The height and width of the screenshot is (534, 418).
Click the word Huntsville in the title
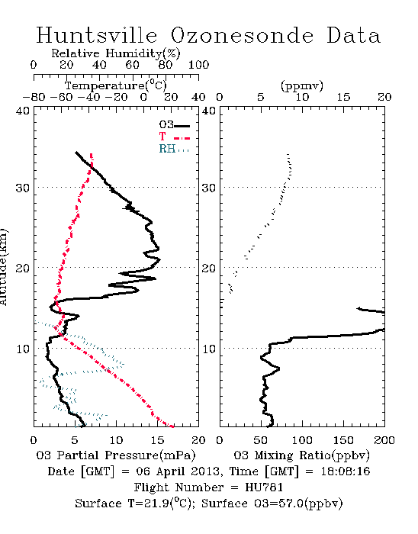pyautogui.click(x=97, y=35)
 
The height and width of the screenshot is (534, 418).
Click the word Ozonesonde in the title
pyautogui.click(x=241, y=35)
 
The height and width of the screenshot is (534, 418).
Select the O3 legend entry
pyautogui.click(x=175, y=125)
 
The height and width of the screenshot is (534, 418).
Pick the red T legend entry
pyautogui.click(x=175, y=137)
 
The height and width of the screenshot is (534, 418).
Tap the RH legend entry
pyautogui.click(x=174, y=149)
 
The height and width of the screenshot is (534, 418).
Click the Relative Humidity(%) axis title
pyautogui.click(x=115, y=53)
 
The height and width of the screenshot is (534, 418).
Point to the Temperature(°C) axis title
pyautogui.click(x=115, y=85)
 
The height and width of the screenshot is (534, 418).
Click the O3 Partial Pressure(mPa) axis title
pyautogui.click(x=116, y=455)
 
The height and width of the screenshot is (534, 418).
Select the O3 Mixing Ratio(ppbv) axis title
pyautogui.click(x=301, y=455)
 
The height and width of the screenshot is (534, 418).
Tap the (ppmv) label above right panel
pyautogui.click(x=301, y=85)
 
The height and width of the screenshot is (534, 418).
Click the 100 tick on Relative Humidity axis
pyautogui.click(x=198, y=65)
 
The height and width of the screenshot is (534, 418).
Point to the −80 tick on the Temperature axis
pyautogui.click(x=34, y=98)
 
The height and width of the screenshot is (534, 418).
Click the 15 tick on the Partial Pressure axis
pyautogui.click(x=157, y=440)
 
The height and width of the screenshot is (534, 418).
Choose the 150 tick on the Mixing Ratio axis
pyautogui.click(x=343, y=440)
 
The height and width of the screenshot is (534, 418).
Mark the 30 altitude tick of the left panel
pyautogui.click(x=22, y=188)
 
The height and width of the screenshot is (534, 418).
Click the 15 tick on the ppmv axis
pyautogui.click(x=343, y=98)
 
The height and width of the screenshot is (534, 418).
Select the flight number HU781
pyautogui.click(x=264, y=487)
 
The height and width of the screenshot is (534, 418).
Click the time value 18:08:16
pyautogui.click(x=346, y=471)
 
